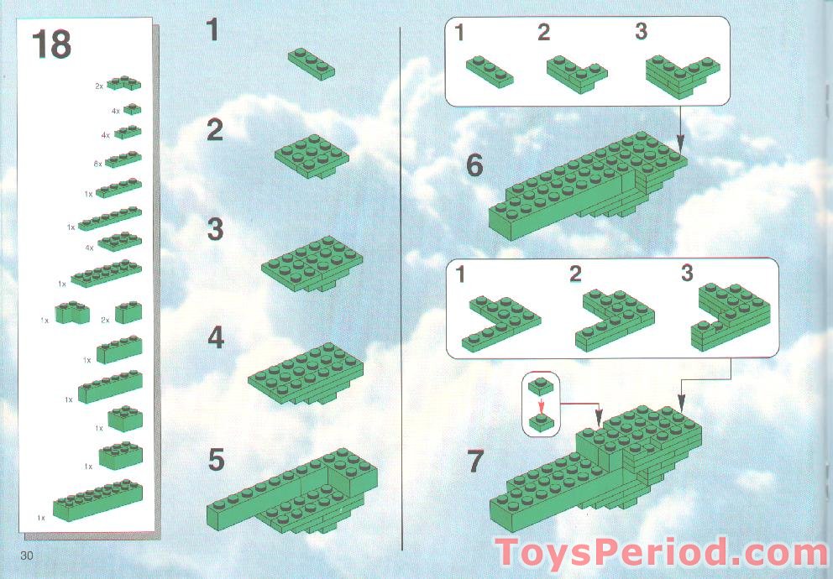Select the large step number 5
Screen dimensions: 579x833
217,460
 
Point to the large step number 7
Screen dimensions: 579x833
475,462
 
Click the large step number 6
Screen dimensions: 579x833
474,165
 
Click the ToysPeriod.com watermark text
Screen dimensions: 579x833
662,555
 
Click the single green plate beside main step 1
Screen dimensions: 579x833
312,62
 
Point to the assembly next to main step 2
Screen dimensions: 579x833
312,156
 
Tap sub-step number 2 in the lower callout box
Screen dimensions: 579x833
575,274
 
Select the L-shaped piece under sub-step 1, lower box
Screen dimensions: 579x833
500,321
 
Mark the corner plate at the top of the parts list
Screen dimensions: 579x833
123,83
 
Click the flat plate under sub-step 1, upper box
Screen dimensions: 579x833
489,71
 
